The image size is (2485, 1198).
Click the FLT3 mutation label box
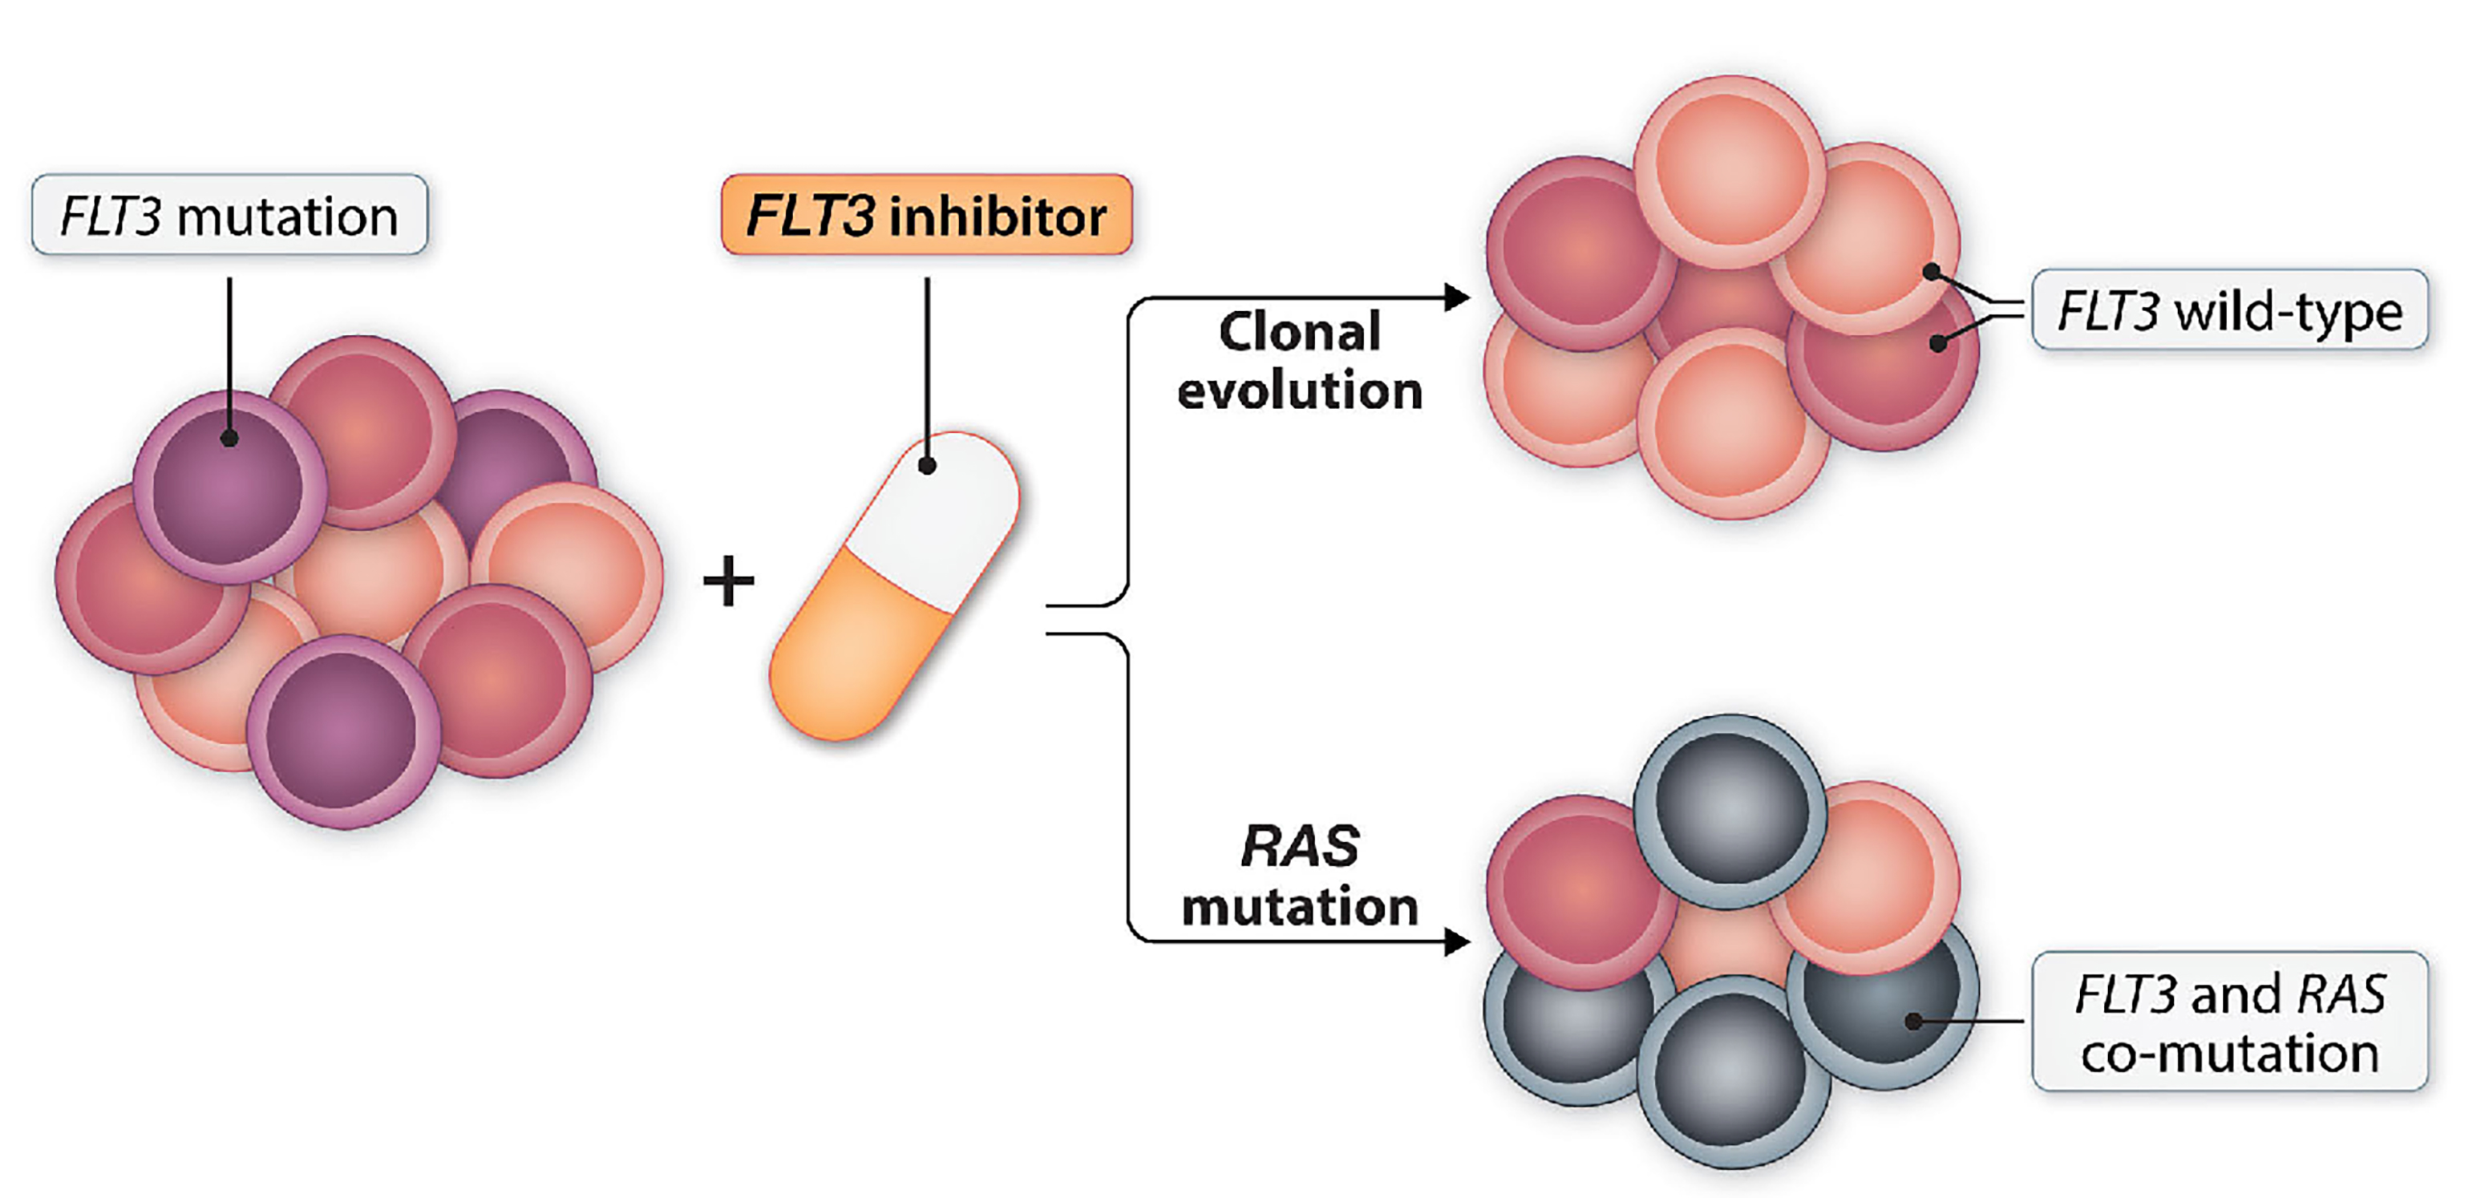coord(229,215)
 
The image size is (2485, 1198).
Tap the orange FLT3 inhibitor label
coord(926,215)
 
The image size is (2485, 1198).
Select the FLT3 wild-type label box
coord(2228,310)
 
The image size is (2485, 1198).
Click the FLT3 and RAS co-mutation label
coord(2228,1022)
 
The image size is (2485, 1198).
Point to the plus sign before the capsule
coord(728,581)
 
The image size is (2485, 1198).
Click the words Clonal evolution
coord(1299,361)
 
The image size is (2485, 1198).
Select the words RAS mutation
coord(1299,876)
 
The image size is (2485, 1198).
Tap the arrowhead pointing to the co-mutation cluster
coord(1457,941)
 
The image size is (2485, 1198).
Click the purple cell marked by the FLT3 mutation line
coord(229,487)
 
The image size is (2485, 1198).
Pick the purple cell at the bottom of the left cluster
coord(342,731)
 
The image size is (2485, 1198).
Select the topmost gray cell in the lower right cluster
coord(1730,810)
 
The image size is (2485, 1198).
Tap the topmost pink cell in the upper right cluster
coord(1730,171)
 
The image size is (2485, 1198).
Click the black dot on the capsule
coord(927,466)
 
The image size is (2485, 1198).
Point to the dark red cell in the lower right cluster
coord(1580,889)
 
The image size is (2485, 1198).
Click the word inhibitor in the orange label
coord(998,216)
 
